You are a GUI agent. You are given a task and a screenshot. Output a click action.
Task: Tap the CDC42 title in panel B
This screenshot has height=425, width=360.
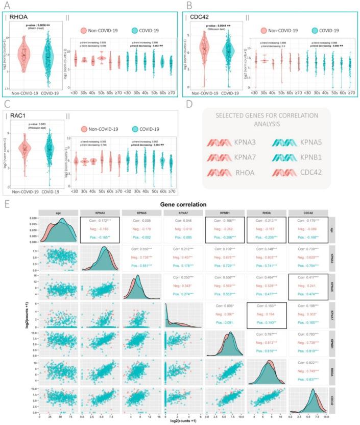[201, 18]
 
